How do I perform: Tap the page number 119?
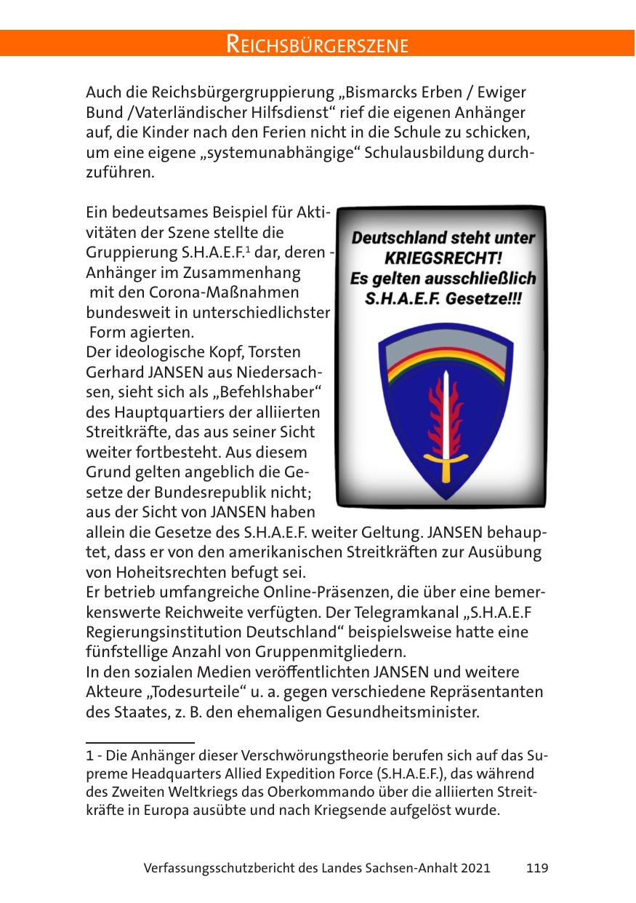point(536,868)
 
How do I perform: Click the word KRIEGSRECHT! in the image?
point(443,258)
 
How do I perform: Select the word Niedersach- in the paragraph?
point(292,372)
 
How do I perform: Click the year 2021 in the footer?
point(475,868)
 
